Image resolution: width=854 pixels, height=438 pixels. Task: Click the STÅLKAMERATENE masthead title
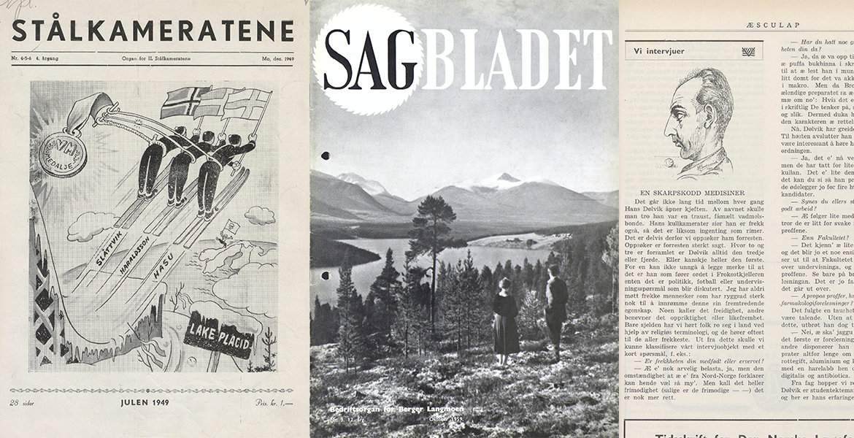[x=153, y=31]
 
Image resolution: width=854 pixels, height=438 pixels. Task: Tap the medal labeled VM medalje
[x=63, y=153]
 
